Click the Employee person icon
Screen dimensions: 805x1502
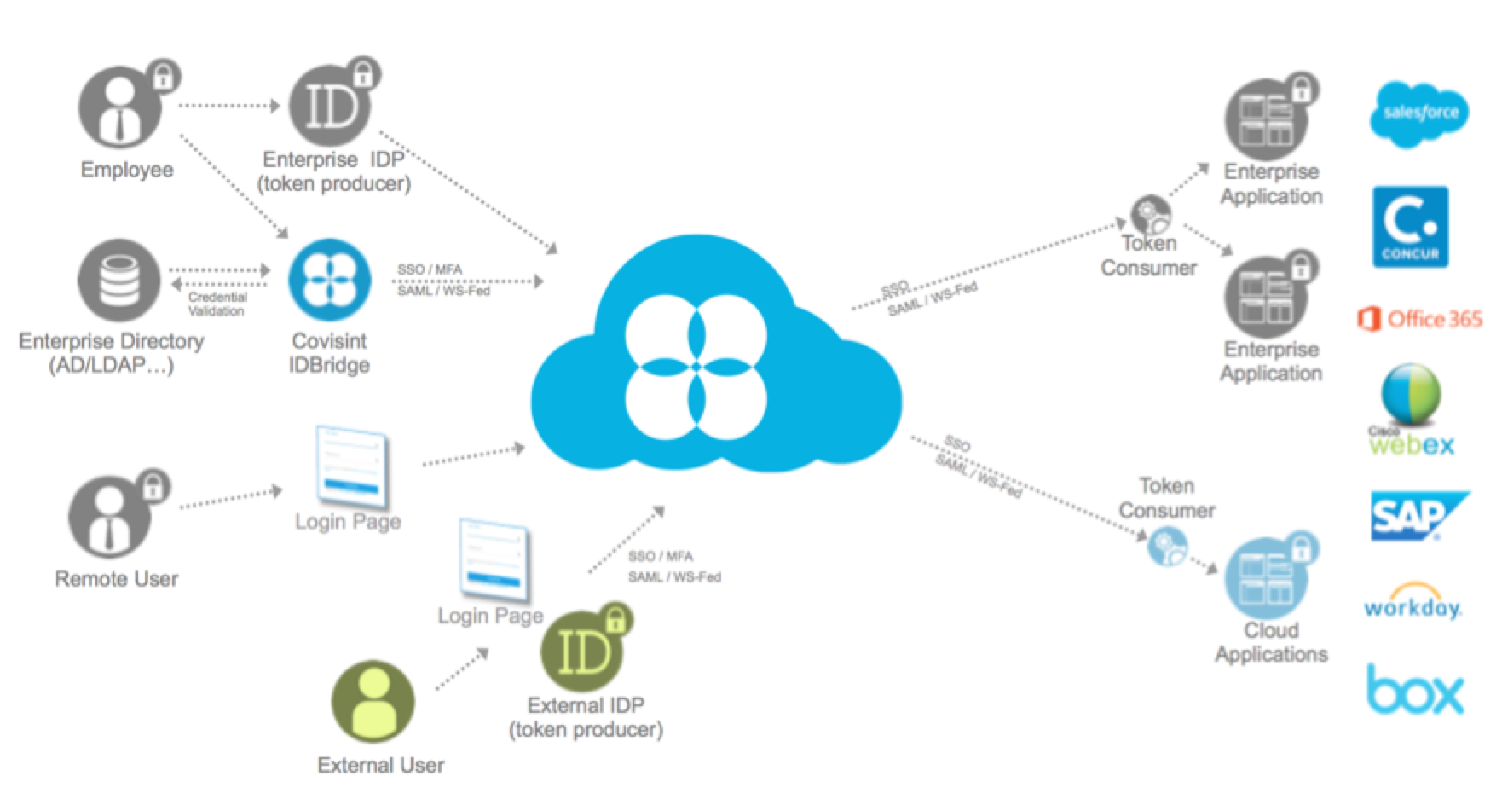click(120, 109)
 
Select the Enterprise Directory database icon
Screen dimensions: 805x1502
click(118, 281)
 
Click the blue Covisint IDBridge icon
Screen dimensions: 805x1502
click(329, 281)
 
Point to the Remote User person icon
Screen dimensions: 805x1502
click(109, 517)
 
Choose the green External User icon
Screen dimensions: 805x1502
click(373, 702)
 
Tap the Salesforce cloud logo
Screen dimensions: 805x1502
click(1419, 113)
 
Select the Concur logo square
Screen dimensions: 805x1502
click(1410, 227)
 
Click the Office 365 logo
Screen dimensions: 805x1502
click(1419, 320)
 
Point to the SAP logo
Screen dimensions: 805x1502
click(1415, 516)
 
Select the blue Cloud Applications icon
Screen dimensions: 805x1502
click(1265, 579)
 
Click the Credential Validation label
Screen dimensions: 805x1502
click(217, 304)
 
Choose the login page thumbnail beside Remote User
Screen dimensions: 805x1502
click(351, 466)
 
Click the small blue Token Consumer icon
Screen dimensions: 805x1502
click(1166, 547)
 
